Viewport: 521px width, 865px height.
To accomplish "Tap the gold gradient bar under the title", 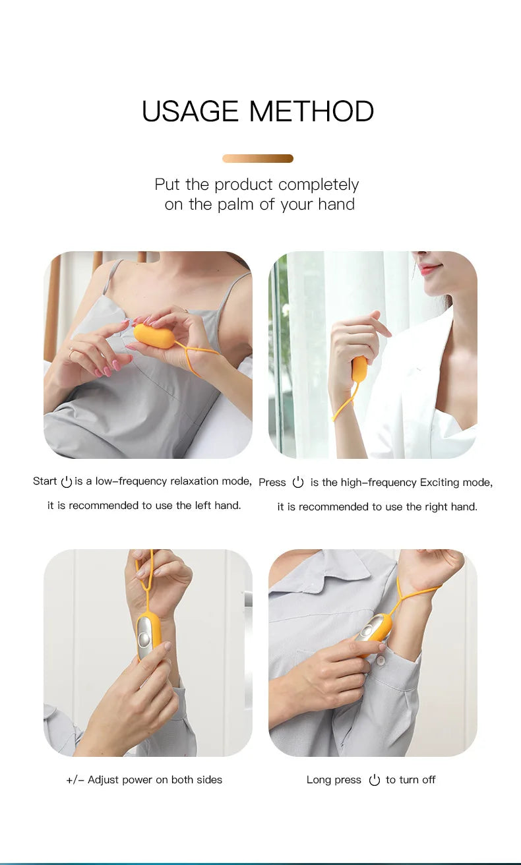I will tap(258, 158).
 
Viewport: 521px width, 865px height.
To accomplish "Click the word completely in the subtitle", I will tap(319, 185).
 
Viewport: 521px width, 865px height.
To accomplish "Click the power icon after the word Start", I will tap(66, 482).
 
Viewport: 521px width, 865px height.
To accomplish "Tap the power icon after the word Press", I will tap(298, 483).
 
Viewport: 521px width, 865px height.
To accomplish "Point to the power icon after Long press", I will tap(374, 780).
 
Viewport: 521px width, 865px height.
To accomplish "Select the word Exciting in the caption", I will tap(441, 483).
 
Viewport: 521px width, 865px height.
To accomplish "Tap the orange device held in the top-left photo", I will tap(154, 336).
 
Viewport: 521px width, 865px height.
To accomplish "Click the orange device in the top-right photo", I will tap(359, 369).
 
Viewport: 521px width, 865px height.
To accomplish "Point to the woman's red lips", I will tap(428, 268).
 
